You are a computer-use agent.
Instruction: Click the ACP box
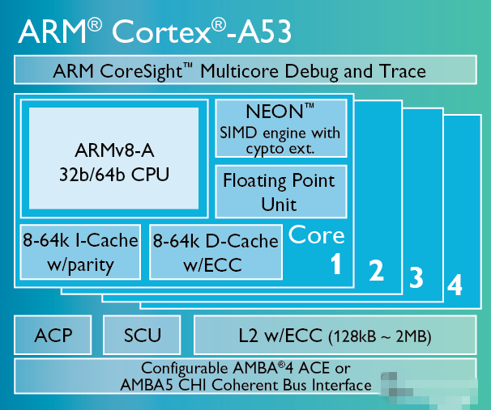click(x=53, y=335)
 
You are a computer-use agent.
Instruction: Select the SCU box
click(x=142, y=335)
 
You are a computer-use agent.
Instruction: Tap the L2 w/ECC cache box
click(x=335, y=335)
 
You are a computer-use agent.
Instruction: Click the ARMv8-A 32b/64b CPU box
click(x=114, y=159)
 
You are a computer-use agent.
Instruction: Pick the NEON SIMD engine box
click(x=281, y=128)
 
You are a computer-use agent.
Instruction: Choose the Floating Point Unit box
click(x=281, y=192)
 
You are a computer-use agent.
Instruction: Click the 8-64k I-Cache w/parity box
click(x=80, y=251)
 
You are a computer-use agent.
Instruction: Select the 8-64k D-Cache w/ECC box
click(x=216, y=251)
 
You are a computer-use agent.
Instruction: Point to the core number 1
click(x=336, y=264)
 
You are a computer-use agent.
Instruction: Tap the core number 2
click(x=377, y=270)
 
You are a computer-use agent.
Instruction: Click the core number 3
click(x=416, y=277)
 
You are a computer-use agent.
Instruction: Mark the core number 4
click(x=455, y=285)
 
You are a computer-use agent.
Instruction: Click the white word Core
click(x=316, y=235)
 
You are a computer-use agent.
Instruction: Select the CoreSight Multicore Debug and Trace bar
click(x=245, y=70)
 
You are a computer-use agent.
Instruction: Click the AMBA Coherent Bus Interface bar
click(x=245, y=376)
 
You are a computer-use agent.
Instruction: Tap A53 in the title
click(x=264, y=32)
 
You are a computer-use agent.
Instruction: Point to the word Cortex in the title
click(x=161, y=32)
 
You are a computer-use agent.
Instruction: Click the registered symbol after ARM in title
click(x=95, y=25)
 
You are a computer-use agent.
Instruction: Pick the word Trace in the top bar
click(x=403, y=71)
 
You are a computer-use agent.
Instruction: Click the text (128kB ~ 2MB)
click(x=380, y=336)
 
